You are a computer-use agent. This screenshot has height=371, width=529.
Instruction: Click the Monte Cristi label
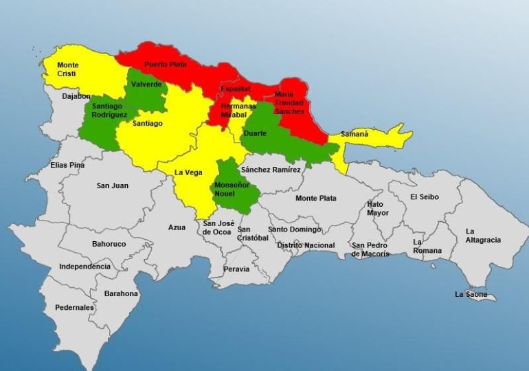click(68, 69)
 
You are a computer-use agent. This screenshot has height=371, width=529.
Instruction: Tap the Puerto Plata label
click(165, 65)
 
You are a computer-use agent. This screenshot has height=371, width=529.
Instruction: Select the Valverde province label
click(147, 85)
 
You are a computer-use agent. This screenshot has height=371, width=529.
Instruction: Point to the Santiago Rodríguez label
click(109, 111)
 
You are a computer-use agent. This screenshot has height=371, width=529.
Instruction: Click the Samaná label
click(354, 134)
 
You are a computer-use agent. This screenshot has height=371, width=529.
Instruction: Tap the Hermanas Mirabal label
click(238, 111)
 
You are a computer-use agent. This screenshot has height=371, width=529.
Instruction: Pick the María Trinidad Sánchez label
click(289, 102)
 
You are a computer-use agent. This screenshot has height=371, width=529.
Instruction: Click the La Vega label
click(188, 172)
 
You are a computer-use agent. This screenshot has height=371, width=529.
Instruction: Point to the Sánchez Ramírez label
click(271, 170)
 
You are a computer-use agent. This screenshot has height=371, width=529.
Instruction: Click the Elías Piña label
click(67, 166)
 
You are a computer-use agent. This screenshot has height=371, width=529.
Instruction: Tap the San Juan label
click(112, 185)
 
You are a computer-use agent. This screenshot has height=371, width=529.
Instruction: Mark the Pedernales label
click(74, 308)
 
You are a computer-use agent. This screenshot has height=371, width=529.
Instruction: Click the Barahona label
click(121, 293)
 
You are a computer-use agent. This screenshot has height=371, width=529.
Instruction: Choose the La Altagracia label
click(483, 236)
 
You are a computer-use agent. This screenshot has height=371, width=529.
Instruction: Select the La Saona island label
click(471, 295)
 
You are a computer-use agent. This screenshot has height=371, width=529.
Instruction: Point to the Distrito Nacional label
click(306, 245)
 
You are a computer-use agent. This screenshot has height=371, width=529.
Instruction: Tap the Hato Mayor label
click(377, 208)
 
